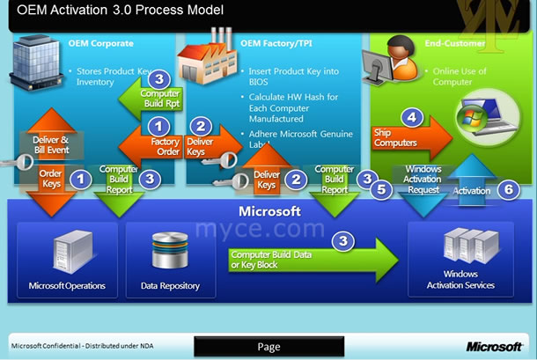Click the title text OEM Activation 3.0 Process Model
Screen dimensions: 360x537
pos(114,11)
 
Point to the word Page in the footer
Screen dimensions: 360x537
pos(268,347)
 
